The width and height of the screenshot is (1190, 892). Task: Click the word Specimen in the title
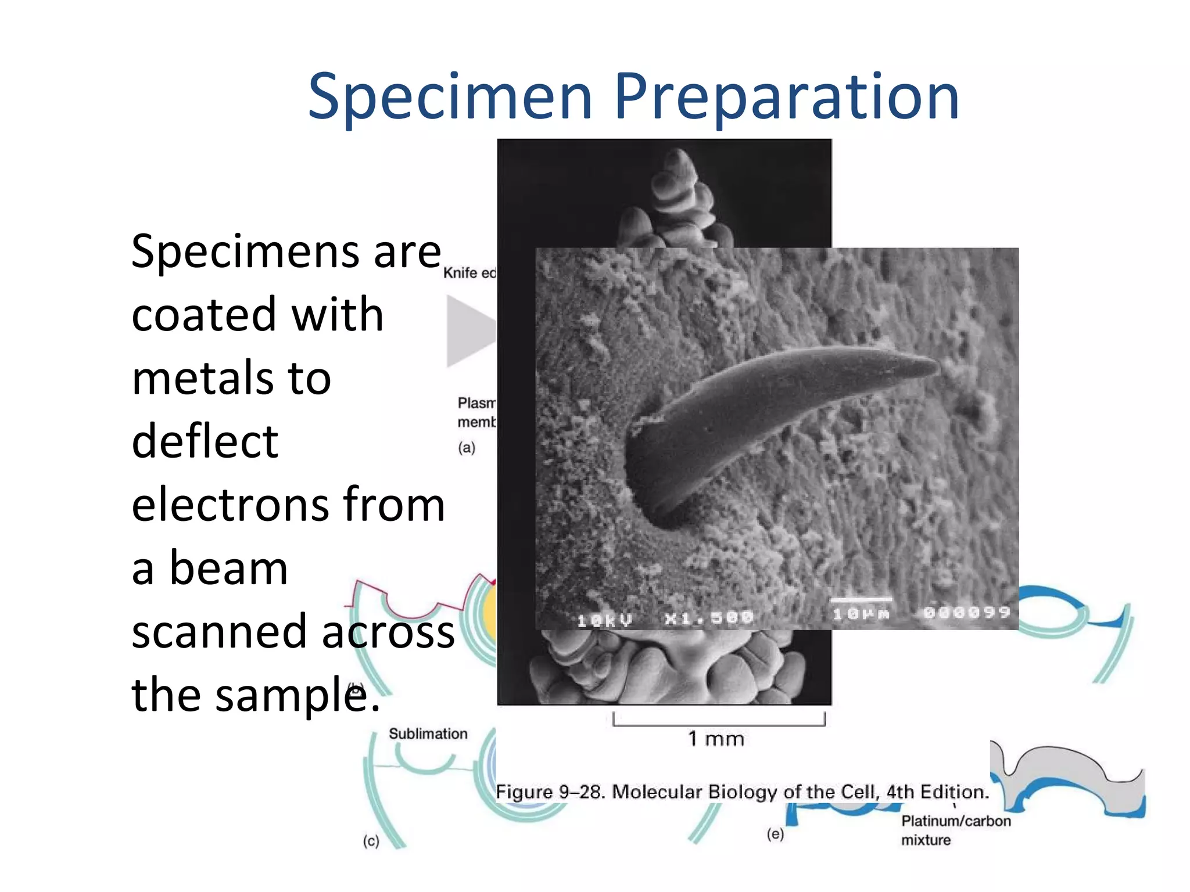[450, 97]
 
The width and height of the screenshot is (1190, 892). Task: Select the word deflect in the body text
[205, 441]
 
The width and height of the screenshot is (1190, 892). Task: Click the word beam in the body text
[228, 568]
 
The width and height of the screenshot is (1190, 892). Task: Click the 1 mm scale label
[716, 739]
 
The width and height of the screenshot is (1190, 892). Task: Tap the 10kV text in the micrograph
[604, 620]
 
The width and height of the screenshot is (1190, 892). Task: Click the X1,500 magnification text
[709, 618]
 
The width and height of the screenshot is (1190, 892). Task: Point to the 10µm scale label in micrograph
[861, 614]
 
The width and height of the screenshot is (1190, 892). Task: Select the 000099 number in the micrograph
[967, 612]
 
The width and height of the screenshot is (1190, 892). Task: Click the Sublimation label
[428, 734]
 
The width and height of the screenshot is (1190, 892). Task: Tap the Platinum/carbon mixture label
[955, 830]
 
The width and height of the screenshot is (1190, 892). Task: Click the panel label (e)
[775, 835]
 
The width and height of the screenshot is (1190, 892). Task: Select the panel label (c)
[371, 841]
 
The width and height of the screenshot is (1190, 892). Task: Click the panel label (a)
[466, 448]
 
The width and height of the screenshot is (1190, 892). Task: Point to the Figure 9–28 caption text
[741, 792]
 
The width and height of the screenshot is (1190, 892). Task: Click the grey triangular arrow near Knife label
[468, 331]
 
